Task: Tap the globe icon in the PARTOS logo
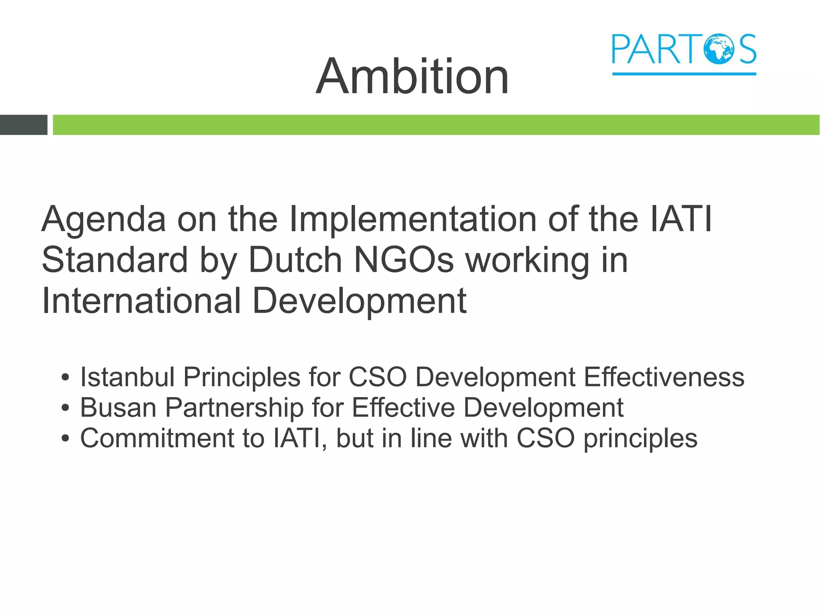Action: (x=720, y=49)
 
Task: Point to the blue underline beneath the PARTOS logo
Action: (x=684, y=74)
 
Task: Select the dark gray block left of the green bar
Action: (x=23, y=125)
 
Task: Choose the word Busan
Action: (x=118, y=408)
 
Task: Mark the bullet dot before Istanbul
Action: (x=65, y=378)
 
